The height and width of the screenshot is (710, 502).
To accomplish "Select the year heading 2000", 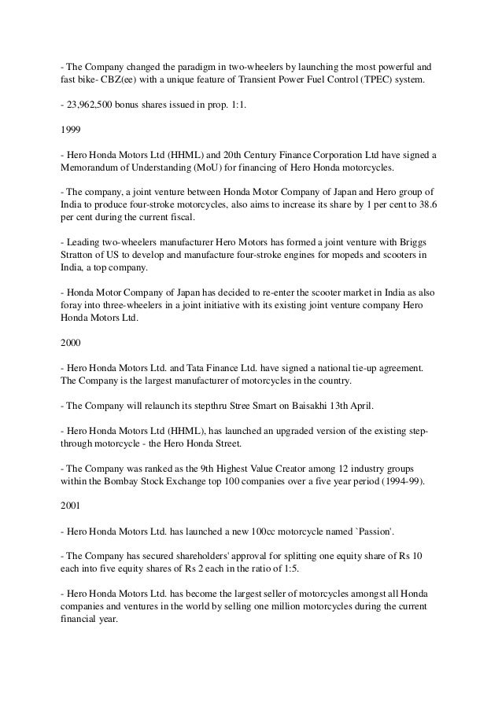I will coord(71,344).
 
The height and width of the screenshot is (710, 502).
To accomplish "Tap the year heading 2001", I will coord(71,508).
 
